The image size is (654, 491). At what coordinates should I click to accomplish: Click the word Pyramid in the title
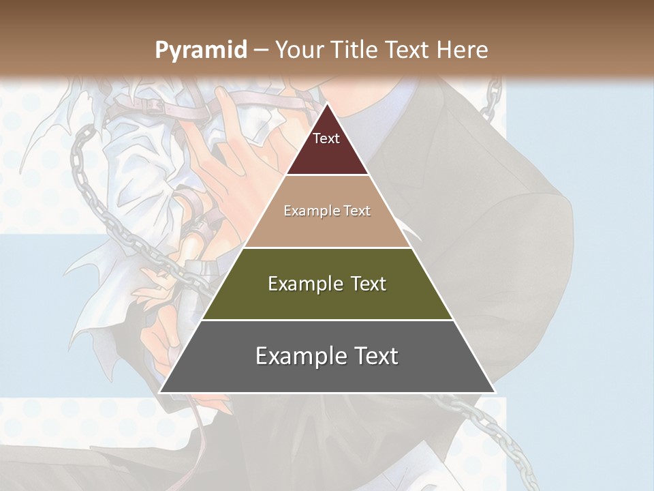click(201, 50)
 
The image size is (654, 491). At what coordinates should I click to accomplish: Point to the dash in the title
click(260, 50)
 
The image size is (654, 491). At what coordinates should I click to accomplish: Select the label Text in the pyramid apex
click(326, 138)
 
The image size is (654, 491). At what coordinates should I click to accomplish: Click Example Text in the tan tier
click(327, 211)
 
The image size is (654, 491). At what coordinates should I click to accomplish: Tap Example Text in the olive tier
click(327, 284)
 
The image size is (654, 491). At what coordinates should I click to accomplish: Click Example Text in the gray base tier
click(327, 356)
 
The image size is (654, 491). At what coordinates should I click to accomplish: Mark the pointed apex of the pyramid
click(327, 104)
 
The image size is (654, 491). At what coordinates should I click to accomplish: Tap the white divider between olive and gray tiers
click(327, 320)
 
